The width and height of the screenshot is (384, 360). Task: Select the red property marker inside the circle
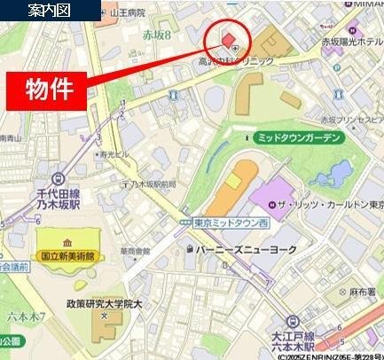pyautogui.click(x=228, y=39)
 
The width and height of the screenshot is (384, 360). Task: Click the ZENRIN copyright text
pyautogui.click(x=324, y=356)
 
